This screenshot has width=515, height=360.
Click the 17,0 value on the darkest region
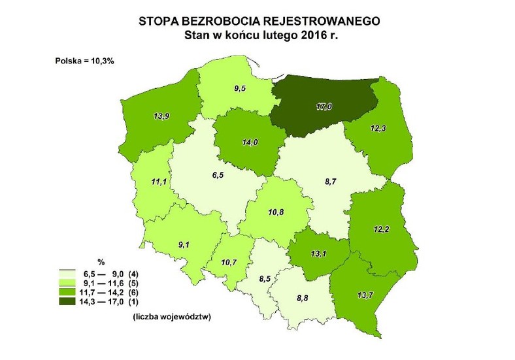coord(322,107)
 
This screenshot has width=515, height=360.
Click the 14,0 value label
coord(250,140)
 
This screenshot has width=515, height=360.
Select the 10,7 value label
coord(229,262)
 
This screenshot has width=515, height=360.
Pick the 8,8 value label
coord(303,299)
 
